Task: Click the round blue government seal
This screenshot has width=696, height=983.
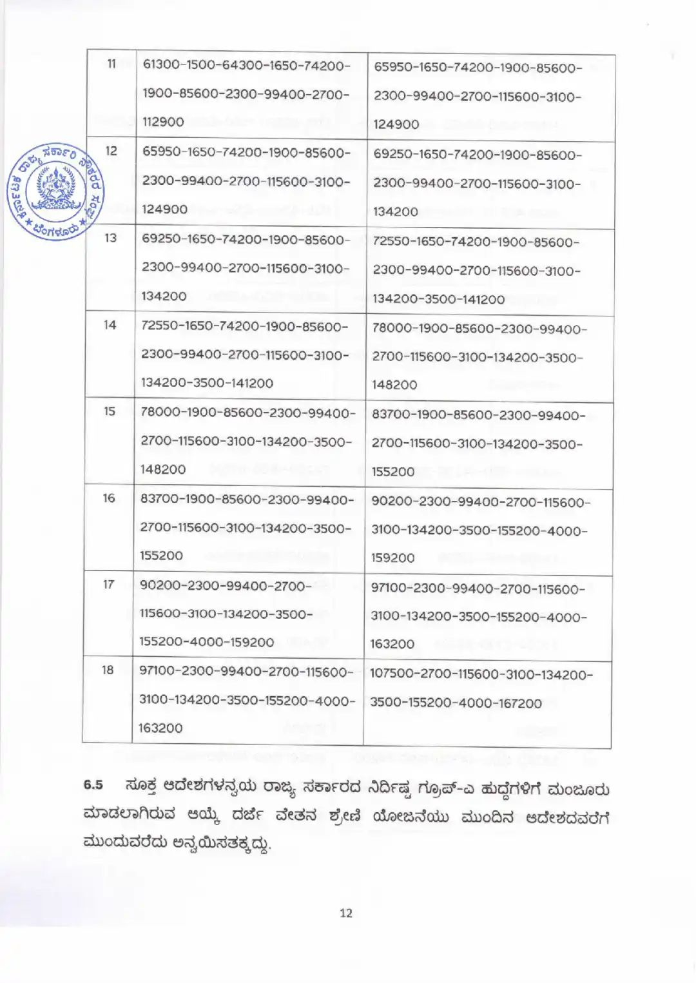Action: pyautogui.click(x=56, y=191)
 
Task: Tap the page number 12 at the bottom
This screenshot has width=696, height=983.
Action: pyautogui.click(x=346, y=913)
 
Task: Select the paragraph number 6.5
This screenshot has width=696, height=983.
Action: pyautogui.click(x=93, y=785)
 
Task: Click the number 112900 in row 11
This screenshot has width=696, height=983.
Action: pyautogui.click(x=163, y=122)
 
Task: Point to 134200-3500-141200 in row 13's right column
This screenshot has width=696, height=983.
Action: pyautogui.click(x=438, y=299)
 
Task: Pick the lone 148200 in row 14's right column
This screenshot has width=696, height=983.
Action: pyautogui.click(x=394, y=385)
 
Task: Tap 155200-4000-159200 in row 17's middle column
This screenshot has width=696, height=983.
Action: pyautogui.click(x=207, y=642)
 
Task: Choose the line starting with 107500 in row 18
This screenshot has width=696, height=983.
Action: pyautogui.click(x=481, y=675)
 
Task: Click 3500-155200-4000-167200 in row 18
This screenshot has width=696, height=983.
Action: pyautogui.click(x=456, y=703)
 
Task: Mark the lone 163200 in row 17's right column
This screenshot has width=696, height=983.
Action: pyautogui.click(x=392, y=644)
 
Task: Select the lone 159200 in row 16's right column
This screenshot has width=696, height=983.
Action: pyautogui.click(x=393, y=558)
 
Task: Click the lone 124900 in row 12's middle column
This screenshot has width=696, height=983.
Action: pyautogui.click(x=165, y=209)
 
